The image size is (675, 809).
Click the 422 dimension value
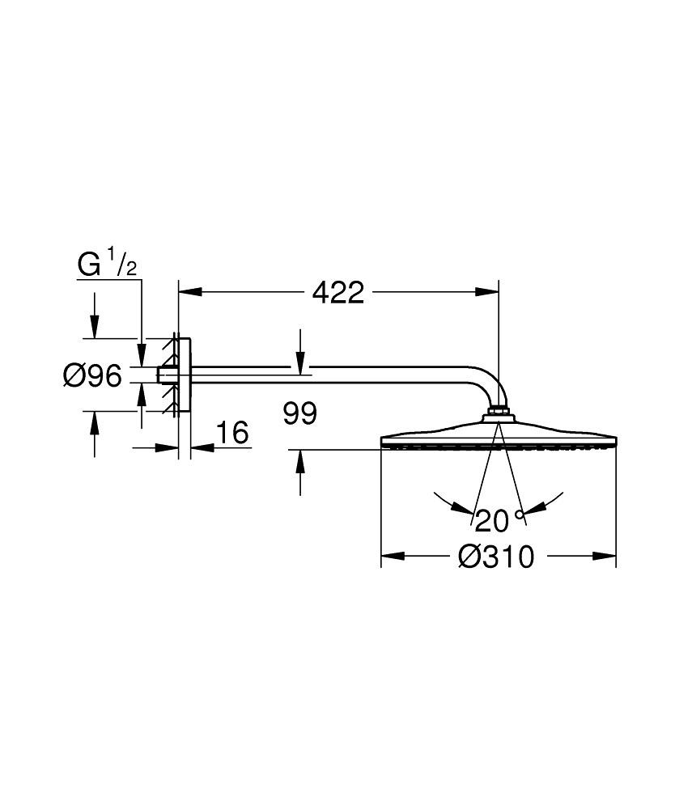(x=338, y=292)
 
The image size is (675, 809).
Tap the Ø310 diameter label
(x=496, y=557)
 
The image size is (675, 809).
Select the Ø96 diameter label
(x=92, y=375)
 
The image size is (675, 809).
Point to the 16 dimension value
(x=232, y=433)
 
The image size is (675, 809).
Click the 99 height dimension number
(x=300, y=413)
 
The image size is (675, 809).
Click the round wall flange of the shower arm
(x=184, y=375)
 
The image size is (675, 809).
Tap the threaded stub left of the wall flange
(x=166, y=375)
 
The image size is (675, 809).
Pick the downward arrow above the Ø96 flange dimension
(x=94, y=327)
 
